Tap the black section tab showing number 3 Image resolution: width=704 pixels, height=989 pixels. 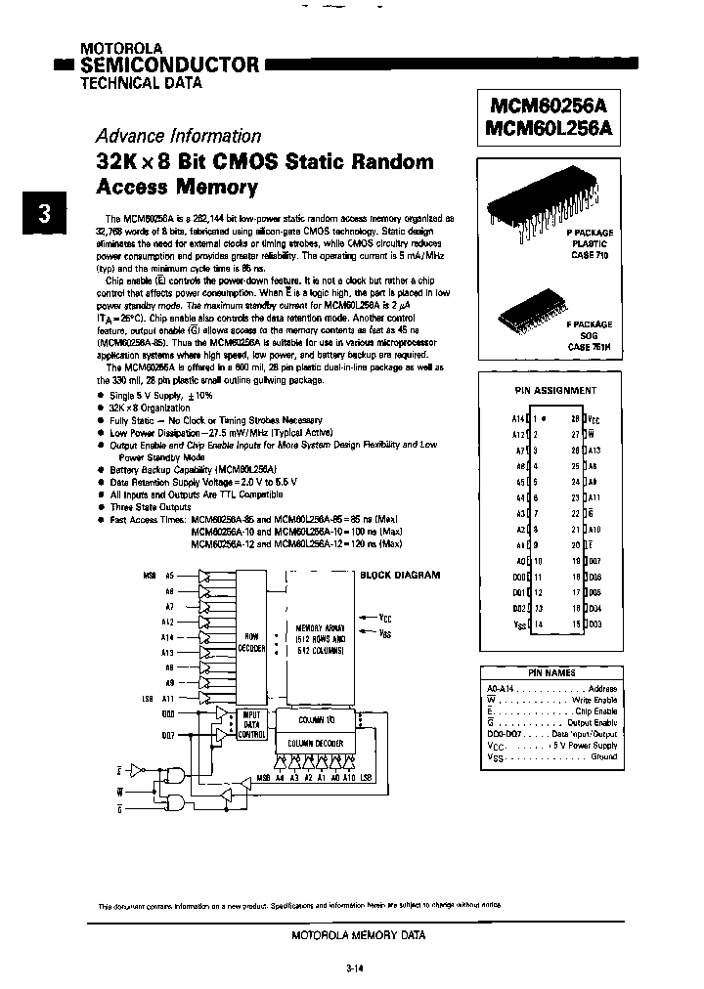tap(44, 214)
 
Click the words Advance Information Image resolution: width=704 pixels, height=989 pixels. tap(178, 136)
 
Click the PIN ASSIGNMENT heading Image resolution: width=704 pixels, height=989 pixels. tap(554, 390)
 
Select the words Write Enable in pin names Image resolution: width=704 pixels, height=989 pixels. tap(596, 700)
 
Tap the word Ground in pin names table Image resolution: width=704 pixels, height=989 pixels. tap(603, 756)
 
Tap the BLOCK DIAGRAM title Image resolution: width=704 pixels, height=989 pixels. tap(400, 576)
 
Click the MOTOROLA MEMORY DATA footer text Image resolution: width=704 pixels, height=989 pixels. tap(358, 935)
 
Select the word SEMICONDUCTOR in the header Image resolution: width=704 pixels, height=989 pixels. tap(169, 65)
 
